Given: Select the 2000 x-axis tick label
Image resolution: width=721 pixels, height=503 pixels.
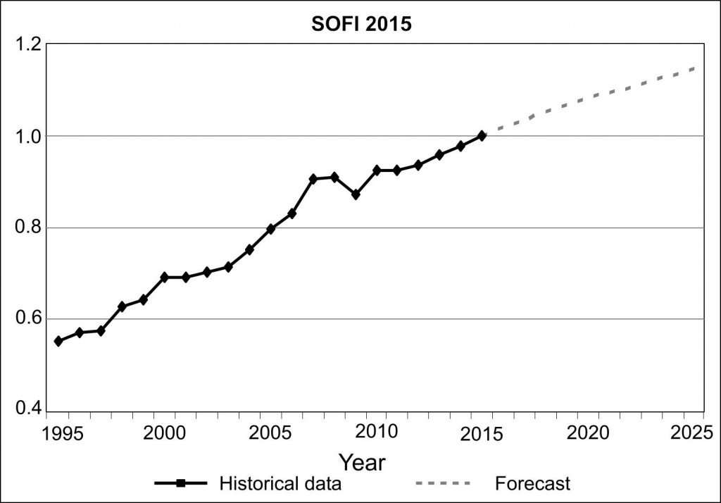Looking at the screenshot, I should (163, 432).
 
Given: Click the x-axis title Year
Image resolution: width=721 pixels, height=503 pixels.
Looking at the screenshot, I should (362, 463).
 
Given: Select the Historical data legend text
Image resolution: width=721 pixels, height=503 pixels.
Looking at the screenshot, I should (280, 484).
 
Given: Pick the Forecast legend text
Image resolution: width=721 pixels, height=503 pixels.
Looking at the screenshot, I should (532, 484).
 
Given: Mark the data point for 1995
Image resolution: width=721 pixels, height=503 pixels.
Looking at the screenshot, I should (58, 341).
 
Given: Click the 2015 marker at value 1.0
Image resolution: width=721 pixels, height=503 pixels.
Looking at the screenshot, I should (482, 135).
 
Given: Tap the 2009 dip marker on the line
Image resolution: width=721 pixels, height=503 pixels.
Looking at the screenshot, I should (356, 194).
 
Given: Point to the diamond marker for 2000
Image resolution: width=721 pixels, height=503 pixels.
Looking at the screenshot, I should (165, 277).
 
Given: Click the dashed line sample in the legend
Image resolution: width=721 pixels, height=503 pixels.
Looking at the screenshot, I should (442, 484).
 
